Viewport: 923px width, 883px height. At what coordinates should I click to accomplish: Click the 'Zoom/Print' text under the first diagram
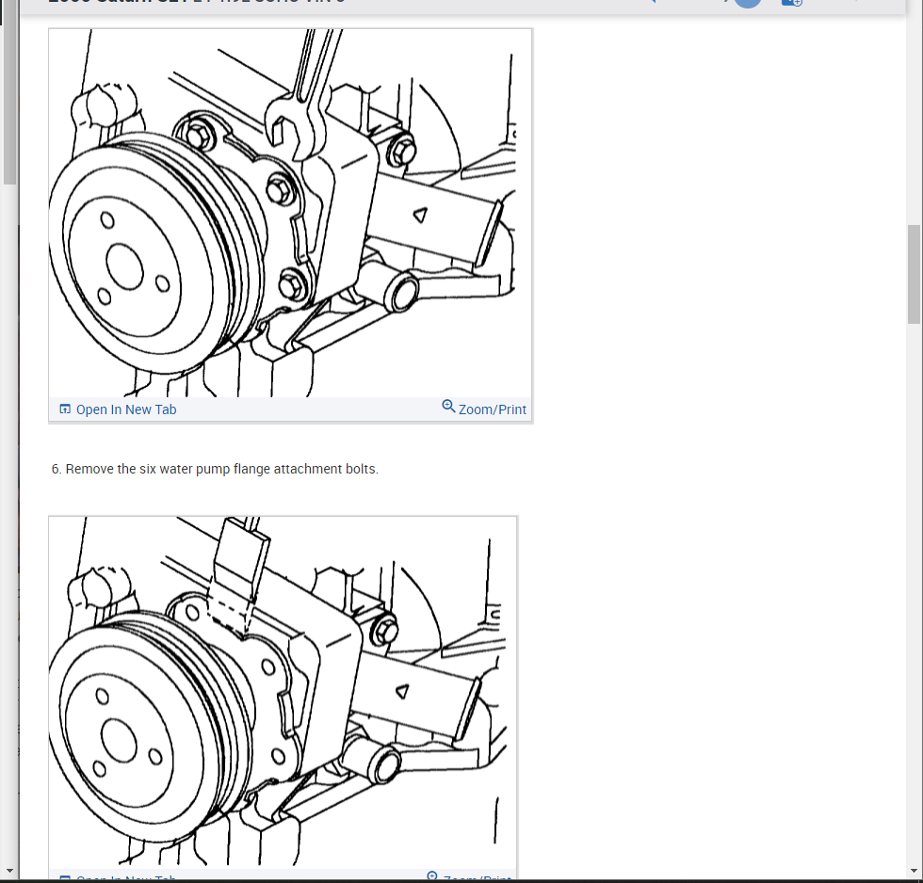[492, 409]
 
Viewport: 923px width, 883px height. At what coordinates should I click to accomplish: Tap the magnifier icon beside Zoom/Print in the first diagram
[448, 407]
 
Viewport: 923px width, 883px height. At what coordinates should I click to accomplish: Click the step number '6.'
[57, 469]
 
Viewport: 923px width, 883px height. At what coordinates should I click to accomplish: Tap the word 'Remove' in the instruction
[90, 469]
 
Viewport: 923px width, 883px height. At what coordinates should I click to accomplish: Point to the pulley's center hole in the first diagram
[124, 265]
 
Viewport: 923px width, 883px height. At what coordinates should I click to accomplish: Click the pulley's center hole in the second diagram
[120, 741]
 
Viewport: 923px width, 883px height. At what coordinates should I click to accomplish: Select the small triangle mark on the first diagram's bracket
[419, 215]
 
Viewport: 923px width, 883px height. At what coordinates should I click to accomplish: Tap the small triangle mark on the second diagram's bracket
[403, 690]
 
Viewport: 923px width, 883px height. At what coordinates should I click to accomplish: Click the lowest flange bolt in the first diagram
[292, 282]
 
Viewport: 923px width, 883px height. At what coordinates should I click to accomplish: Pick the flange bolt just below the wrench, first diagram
[281, 189]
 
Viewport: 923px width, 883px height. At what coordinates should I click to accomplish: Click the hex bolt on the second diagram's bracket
[384, 631]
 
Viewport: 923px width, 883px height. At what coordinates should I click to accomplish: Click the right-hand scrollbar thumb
[914, 273]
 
